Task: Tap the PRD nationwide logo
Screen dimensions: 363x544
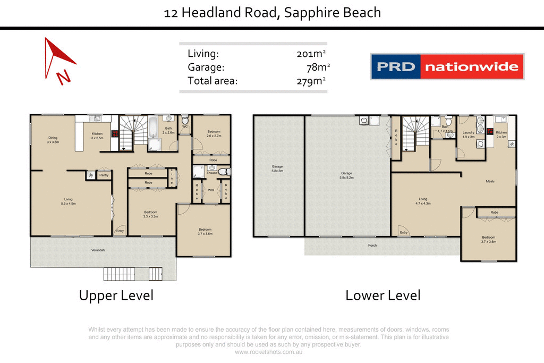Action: pyautogui.click(x=447, y=67)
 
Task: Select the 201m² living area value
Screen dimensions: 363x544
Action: pyautogui.click(x=311, y=54)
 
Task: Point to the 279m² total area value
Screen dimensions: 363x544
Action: pyautogui.click(x=311, y=81)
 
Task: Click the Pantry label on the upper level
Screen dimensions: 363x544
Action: pyautogui.click(x=104, y=175)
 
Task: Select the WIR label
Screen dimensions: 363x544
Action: pyautogui.click(x=211, y=190)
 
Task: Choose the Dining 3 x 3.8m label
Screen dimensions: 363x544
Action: pyautogui.click(x=53, y=140)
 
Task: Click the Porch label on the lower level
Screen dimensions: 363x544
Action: pyautogui.click(x=372, y=245)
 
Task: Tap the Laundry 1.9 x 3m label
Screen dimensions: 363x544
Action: pyautogui.click(x=468, y=134)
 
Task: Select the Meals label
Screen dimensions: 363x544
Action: pyautogui.click(x=490, y=181)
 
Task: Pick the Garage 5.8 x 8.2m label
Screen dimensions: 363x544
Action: pyautogui.click(x=347, y=175)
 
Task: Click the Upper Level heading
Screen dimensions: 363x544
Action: pyautogui.click(x=116, y=296)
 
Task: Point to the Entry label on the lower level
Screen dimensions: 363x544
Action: pyautogui.click(x=404, y=232)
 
